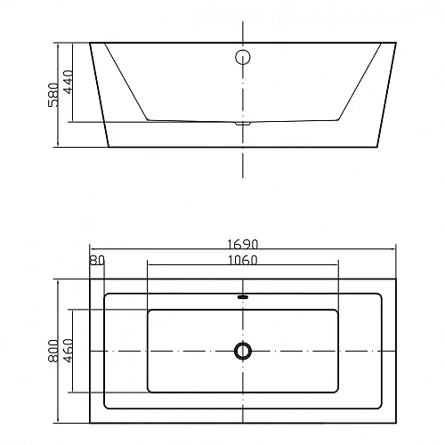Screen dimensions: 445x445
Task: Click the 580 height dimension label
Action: (x=53, y=94)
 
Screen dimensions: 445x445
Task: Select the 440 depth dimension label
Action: (x=68, y=82)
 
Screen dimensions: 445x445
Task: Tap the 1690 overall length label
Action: (x=243, y=245)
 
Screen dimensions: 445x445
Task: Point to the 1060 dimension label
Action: (x=243, y=260)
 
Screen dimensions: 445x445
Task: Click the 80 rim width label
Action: (x=97, y=260)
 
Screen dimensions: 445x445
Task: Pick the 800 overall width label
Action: (x=53, y=351)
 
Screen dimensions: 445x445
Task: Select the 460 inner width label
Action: (x=69, y=351)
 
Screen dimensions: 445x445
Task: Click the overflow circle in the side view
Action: (x=243, y=57)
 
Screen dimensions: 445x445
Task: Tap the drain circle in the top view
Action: (x=243, y=351)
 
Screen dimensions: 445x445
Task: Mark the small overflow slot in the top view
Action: (x=243, y=296)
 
